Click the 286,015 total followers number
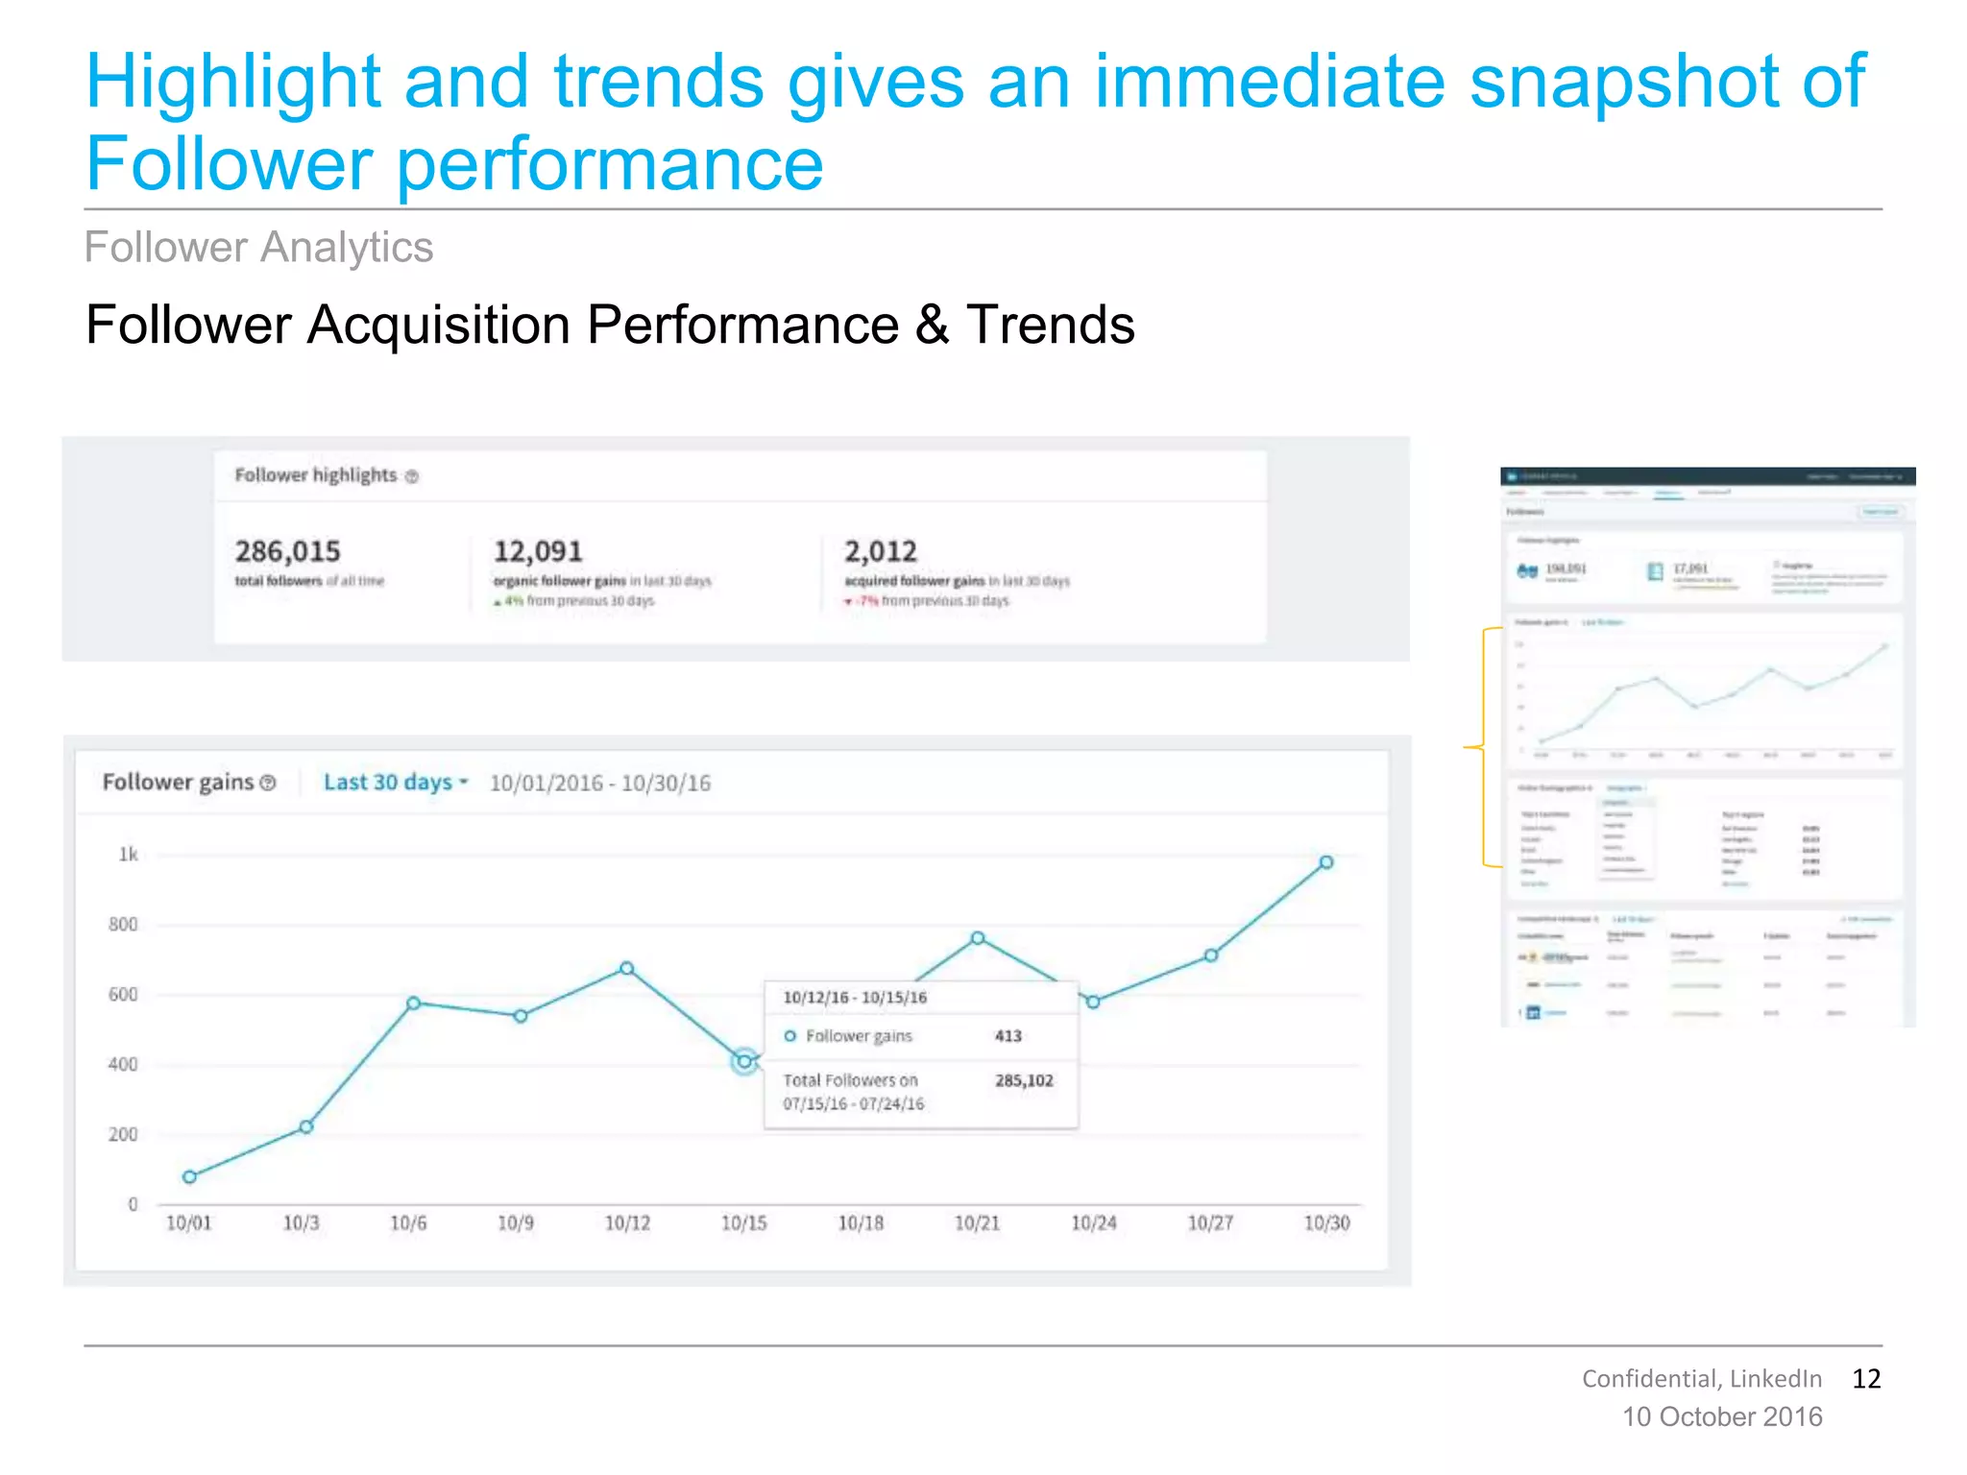tap(287, 551)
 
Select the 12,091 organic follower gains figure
tap(538, 551)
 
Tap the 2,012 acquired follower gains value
tap(880, 551)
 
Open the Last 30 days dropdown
tap(395, 783)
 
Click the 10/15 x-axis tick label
tap(743, 1223)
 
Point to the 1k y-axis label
tap(128, 855)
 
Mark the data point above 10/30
tap(1325, 862)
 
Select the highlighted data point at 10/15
tap(743, 1061)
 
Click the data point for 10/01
tap(189, 1176)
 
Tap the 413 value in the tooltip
tap(1008, 1036)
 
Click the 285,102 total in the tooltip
tap(1024, 1080)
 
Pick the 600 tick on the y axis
tap(123, 995)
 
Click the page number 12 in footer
tap(1865, 1379)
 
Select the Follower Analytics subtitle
tap(258, 248)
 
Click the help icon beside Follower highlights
tap(412, 476)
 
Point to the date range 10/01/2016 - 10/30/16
tap(600, 784)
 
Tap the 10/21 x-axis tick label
tap(977, 1223)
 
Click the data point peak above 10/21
tap(977, 938)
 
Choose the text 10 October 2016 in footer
tap(1721, 1417)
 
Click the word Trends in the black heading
tap(1050, 325)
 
